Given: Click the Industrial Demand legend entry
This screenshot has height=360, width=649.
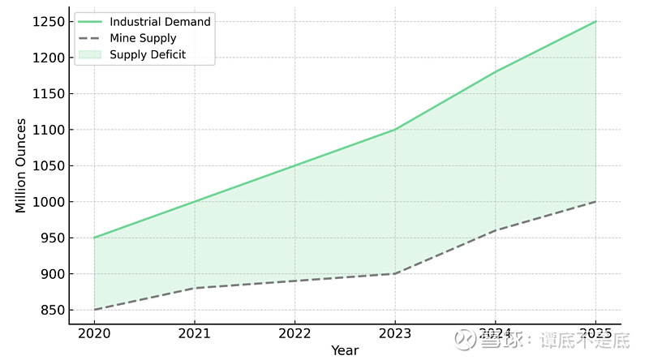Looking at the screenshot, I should [x=160, y=22].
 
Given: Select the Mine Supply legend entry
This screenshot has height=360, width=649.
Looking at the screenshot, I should [x=143, y=38].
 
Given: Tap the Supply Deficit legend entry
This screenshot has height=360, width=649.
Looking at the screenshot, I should [x=148, y=54].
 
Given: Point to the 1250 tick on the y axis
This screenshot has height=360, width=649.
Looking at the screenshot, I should [x=49, y=21].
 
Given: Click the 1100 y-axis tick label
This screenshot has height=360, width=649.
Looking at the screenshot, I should [x=49, y=130].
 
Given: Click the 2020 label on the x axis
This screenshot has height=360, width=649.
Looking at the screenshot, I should [x=94, y=334].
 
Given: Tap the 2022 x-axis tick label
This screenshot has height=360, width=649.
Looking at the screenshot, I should [x=294, y=334].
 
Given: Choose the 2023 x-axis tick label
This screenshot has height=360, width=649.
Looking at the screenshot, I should [x=395, y=334].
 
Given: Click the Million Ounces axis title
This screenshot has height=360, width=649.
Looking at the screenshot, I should [x=21, y=165].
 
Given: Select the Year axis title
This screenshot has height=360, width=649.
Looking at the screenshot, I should [x=345, y=350].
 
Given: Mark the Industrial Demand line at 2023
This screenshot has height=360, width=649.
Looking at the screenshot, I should [x=395, y=130].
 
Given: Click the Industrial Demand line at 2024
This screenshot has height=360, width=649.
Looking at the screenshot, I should [x=496, y=72].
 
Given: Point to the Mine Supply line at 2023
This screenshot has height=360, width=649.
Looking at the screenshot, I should [x=395, y=273].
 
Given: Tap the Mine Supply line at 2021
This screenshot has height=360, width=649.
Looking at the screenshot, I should [x=195, y=288].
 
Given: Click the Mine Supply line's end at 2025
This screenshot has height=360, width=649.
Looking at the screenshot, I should [x=595, y=201].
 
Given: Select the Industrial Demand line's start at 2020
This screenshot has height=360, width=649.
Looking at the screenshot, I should [x=94, y=238].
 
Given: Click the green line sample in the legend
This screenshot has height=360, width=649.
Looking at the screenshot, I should [x=90, y=22].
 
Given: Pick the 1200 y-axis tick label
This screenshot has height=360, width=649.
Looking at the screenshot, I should [x=49, y=58].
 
